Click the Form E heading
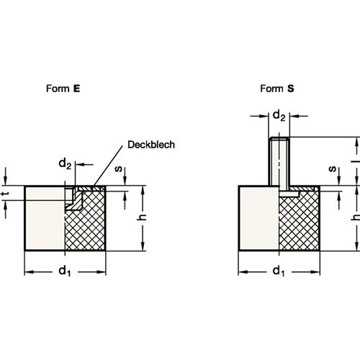63,89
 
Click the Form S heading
277,89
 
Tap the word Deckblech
151,145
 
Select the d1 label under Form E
65,271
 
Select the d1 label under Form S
279,271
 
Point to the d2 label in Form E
65,164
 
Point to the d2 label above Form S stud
279,115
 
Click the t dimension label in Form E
5,193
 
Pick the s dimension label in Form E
119,169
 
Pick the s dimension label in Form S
333,169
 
